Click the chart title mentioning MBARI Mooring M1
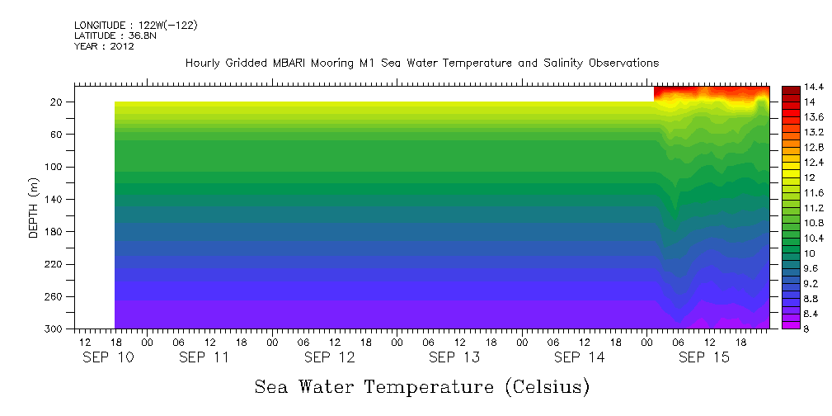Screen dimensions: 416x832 coord(422,64)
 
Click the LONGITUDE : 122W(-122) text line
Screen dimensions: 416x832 coord(135,26)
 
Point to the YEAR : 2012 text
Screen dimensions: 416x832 coord(104,46)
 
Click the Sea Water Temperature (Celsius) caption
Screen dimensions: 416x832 coord(422,386)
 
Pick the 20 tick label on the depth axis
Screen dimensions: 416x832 coord(57,102)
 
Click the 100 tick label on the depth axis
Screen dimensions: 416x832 coord(54,167)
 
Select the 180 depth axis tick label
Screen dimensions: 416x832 coord(54,232)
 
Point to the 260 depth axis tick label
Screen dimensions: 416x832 coord(54,296)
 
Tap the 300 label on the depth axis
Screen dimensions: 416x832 coord(54,329)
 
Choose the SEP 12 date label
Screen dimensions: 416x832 coord(330,358)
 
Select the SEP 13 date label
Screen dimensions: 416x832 coord(454,358)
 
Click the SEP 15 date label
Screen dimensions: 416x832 coord(703,358)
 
